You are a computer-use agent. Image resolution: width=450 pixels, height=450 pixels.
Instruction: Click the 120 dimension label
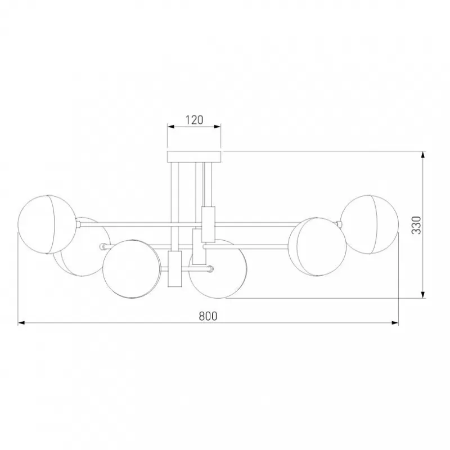point(193,120)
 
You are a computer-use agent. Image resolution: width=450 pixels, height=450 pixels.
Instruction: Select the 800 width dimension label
point(208,316)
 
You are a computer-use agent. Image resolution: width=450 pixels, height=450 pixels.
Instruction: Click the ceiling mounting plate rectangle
point(194,157)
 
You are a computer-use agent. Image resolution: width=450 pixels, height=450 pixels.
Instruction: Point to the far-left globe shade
point(47,225)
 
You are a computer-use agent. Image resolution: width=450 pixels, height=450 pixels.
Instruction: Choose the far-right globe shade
point(370,224)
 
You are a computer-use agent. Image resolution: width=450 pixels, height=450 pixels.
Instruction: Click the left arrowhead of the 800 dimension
point(21,323)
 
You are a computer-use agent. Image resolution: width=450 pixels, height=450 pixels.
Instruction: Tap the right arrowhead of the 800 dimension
point(395,323)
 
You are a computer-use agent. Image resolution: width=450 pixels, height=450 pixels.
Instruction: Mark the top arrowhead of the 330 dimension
point(423,155)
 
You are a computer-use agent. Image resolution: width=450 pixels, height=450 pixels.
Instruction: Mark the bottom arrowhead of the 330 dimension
point(423,294)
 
